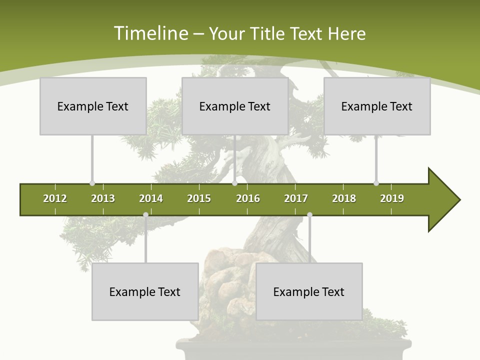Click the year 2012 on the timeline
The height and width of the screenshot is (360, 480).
point(55,198)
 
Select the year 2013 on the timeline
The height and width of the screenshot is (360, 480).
point(103,198)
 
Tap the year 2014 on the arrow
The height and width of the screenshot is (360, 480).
point(151,198)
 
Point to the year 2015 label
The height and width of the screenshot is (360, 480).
point(199,198)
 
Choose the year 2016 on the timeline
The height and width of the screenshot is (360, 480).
point(248,198)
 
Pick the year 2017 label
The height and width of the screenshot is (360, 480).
point(296,198)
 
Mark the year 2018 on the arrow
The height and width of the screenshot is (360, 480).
point(344,198)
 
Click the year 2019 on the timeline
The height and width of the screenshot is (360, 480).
point(392,198)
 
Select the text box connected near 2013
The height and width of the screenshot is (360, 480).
point(93,106)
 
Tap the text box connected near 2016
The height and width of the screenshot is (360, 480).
point(235,106)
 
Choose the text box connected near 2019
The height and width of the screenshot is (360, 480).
point(377,106)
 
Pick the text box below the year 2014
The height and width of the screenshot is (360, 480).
point(145,291)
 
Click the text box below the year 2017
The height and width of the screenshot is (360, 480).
point(309,291)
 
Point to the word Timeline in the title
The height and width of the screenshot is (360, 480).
point(150,33)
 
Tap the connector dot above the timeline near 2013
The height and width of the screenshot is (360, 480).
point(92,183)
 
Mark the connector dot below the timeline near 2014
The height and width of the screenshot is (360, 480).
point(145,215)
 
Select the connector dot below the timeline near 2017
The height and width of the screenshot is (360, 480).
point(309,215)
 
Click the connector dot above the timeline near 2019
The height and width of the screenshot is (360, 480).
point(376,183)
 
